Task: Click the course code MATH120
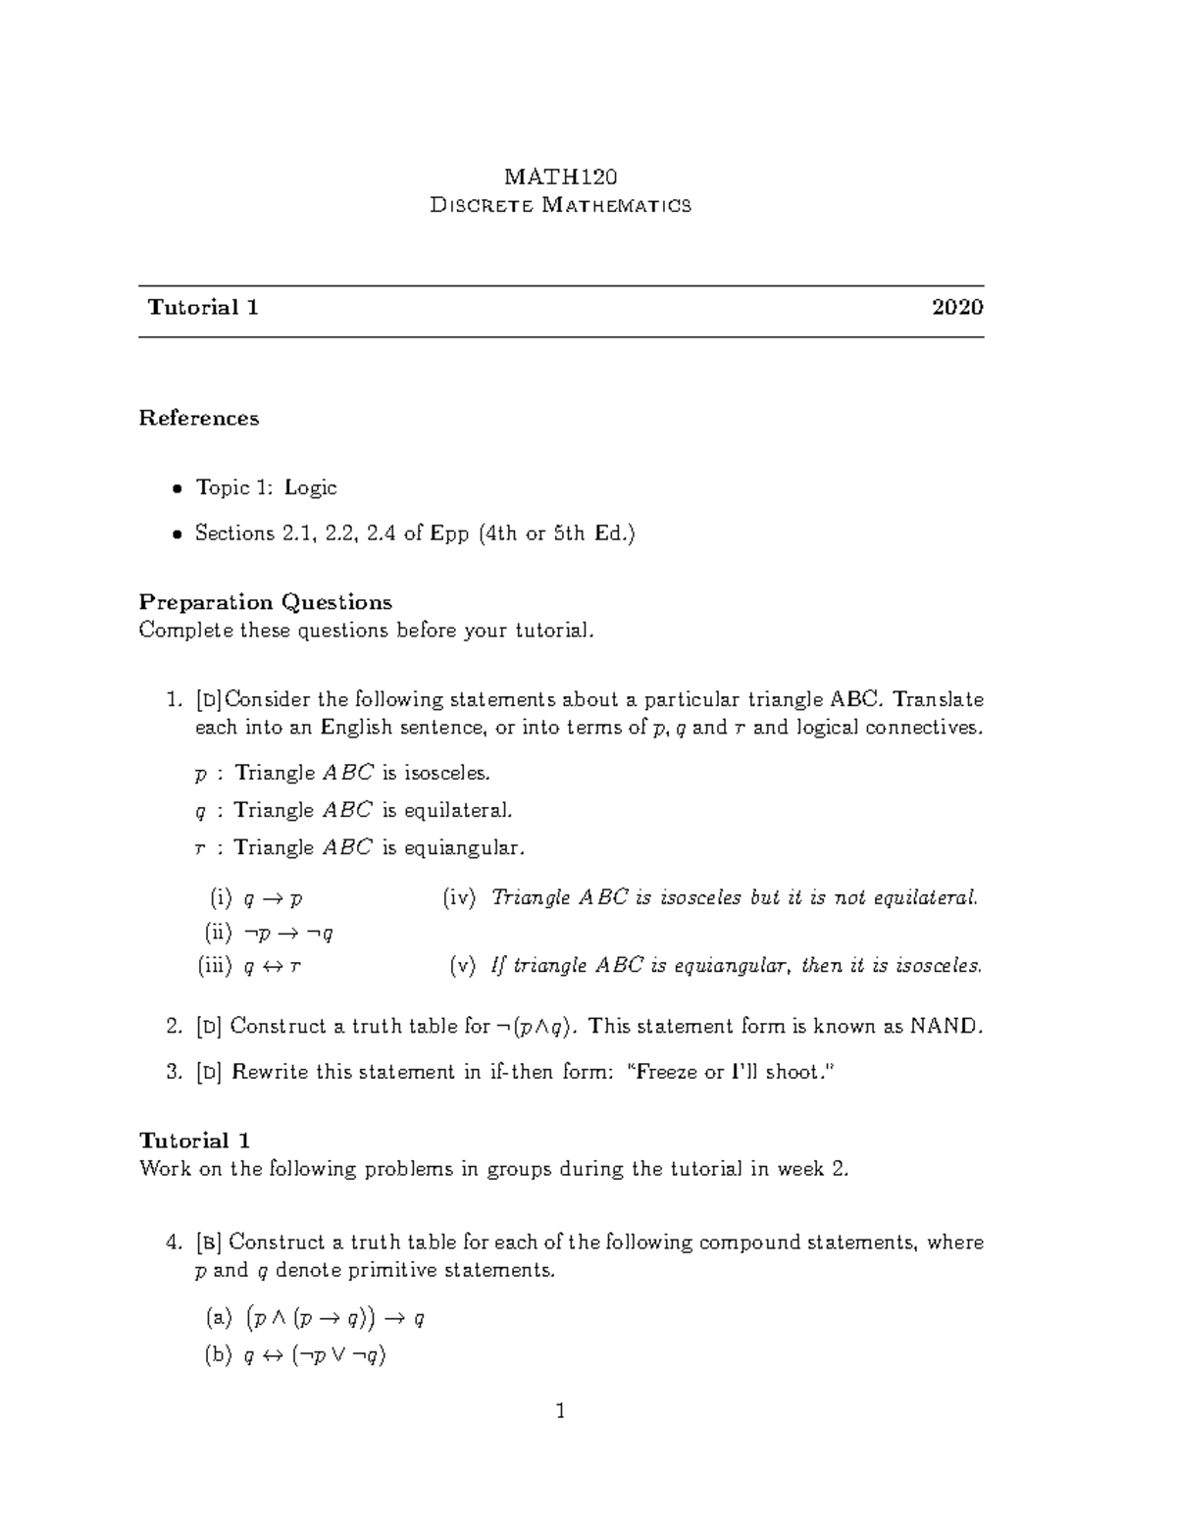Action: point(560,177)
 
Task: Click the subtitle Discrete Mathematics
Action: point(561,206)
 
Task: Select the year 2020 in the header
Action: point(957,308)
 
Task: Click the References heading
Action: point(199,419)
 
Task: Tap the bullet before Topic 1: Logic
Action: point(177,489)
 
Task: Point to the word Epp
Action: point(449,534)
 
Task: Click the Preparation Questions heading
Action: point(265,602)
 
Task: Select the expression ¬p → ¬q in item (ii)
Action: point(287,933)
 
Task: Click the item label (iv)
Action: point(459,898)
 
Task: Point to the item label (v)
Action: point(462,967)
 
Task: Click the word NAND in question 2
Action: point(945,1028)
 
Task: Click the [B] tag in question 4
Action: point(209,1244)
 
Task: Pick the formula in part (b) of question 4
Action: point(314,1357)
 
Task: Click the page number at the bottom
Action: point(560,1412)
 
